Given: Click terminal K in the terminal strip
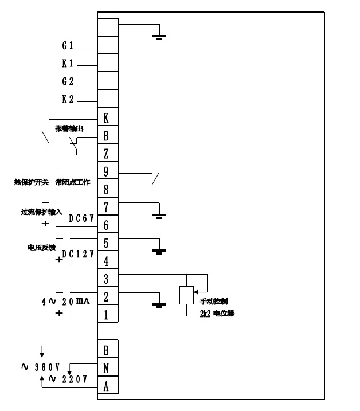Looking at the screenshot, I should (107, 118).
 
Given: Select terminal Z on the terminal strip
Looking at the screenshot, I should (107, 154).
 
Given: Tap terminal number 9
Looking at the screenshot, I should (107, 171).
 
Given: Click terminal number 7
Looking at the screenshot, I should (107, 207).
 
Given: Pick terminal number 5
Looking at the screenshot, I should (107, 242).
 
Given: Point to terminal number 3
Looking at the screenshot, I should (107, 279).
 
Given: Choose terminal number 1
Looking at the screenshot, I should (107, 314).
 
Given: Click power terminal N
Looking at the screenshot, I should (107, 368).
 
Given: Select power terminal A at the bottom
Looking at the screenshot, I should (107, 386).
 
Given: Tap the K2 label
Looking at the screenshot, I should (68, 100).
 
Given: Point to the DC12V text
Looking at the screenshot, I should (79, 254).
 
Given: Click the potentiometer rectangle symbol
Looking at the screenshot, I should (186, 295).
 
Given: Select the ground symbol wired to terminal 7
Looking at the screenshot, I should (159, 216).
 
